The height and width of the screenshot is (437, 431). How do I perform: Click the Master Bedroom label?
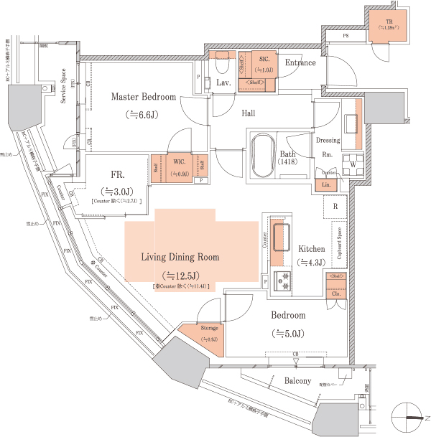click(144, 97)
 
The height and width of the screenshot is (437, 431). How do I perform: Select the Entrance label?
click(300, 62)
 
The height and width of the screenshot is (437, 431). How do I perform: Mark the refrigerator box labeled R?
click(335, 207)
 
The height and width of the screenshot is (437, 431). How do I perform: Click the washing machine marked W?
click(352, 162)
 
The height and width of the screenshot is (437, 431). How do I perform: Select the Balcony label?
click(297, 380)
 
